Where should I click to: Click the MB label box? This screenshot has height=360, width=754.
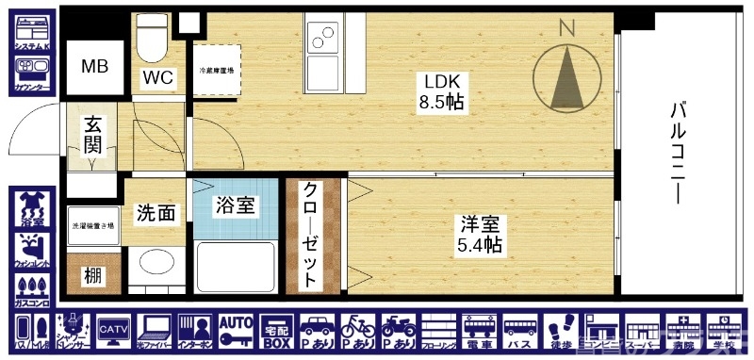pyautogui.click(x=94, y=67)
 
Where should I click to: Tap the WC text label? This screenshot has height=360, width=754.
pyautogui.click(x=158, y=77)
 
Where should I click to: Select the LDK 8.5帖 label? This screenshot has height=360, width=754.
pyautogui.click(x=440, y=90)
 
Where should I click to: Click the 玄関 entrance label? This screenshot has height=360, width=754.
pyautogui.click(x=92, y=135)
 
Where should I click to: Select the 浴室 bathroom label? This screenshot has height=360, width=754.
pyautogui.click(x=235, y=204)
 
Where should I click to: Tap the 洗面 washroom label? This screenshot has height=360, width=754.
pyautogui.click(x=156, y=213)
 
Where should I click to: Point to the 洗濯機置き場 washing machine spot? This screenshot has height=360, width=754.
pyautogui.click(x=93, y=226)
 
